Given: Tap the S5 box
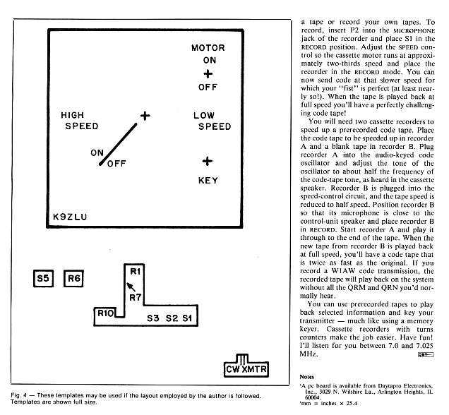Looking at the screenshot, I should click(x=44, y=279).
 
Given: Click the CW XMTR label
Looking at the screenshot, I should click(x=243, y=368).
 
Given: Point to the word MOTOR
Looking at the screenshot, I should click(x=208, y=48).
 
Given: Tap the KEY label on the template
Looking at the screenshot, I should click(x=208, y=180).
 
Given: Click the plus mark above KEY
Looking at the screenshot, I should click(x=208, y=161).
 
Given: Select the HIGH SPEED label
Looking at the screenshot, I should click(x=82, y=121).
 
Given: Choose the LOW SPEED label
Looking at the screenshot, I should click(x=213, y=121).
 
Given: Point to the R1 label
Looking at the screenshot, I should click(x=136, y=271).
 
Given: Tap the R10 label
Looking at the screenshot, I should click(x=106, y=313).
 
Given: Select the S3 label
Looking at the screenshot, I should click(x=153, y=318).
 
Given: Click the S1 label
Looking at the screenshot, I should click(x=186, y=318).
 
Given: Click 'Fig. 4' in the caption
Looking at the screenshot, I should click(x=20, y=395).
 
